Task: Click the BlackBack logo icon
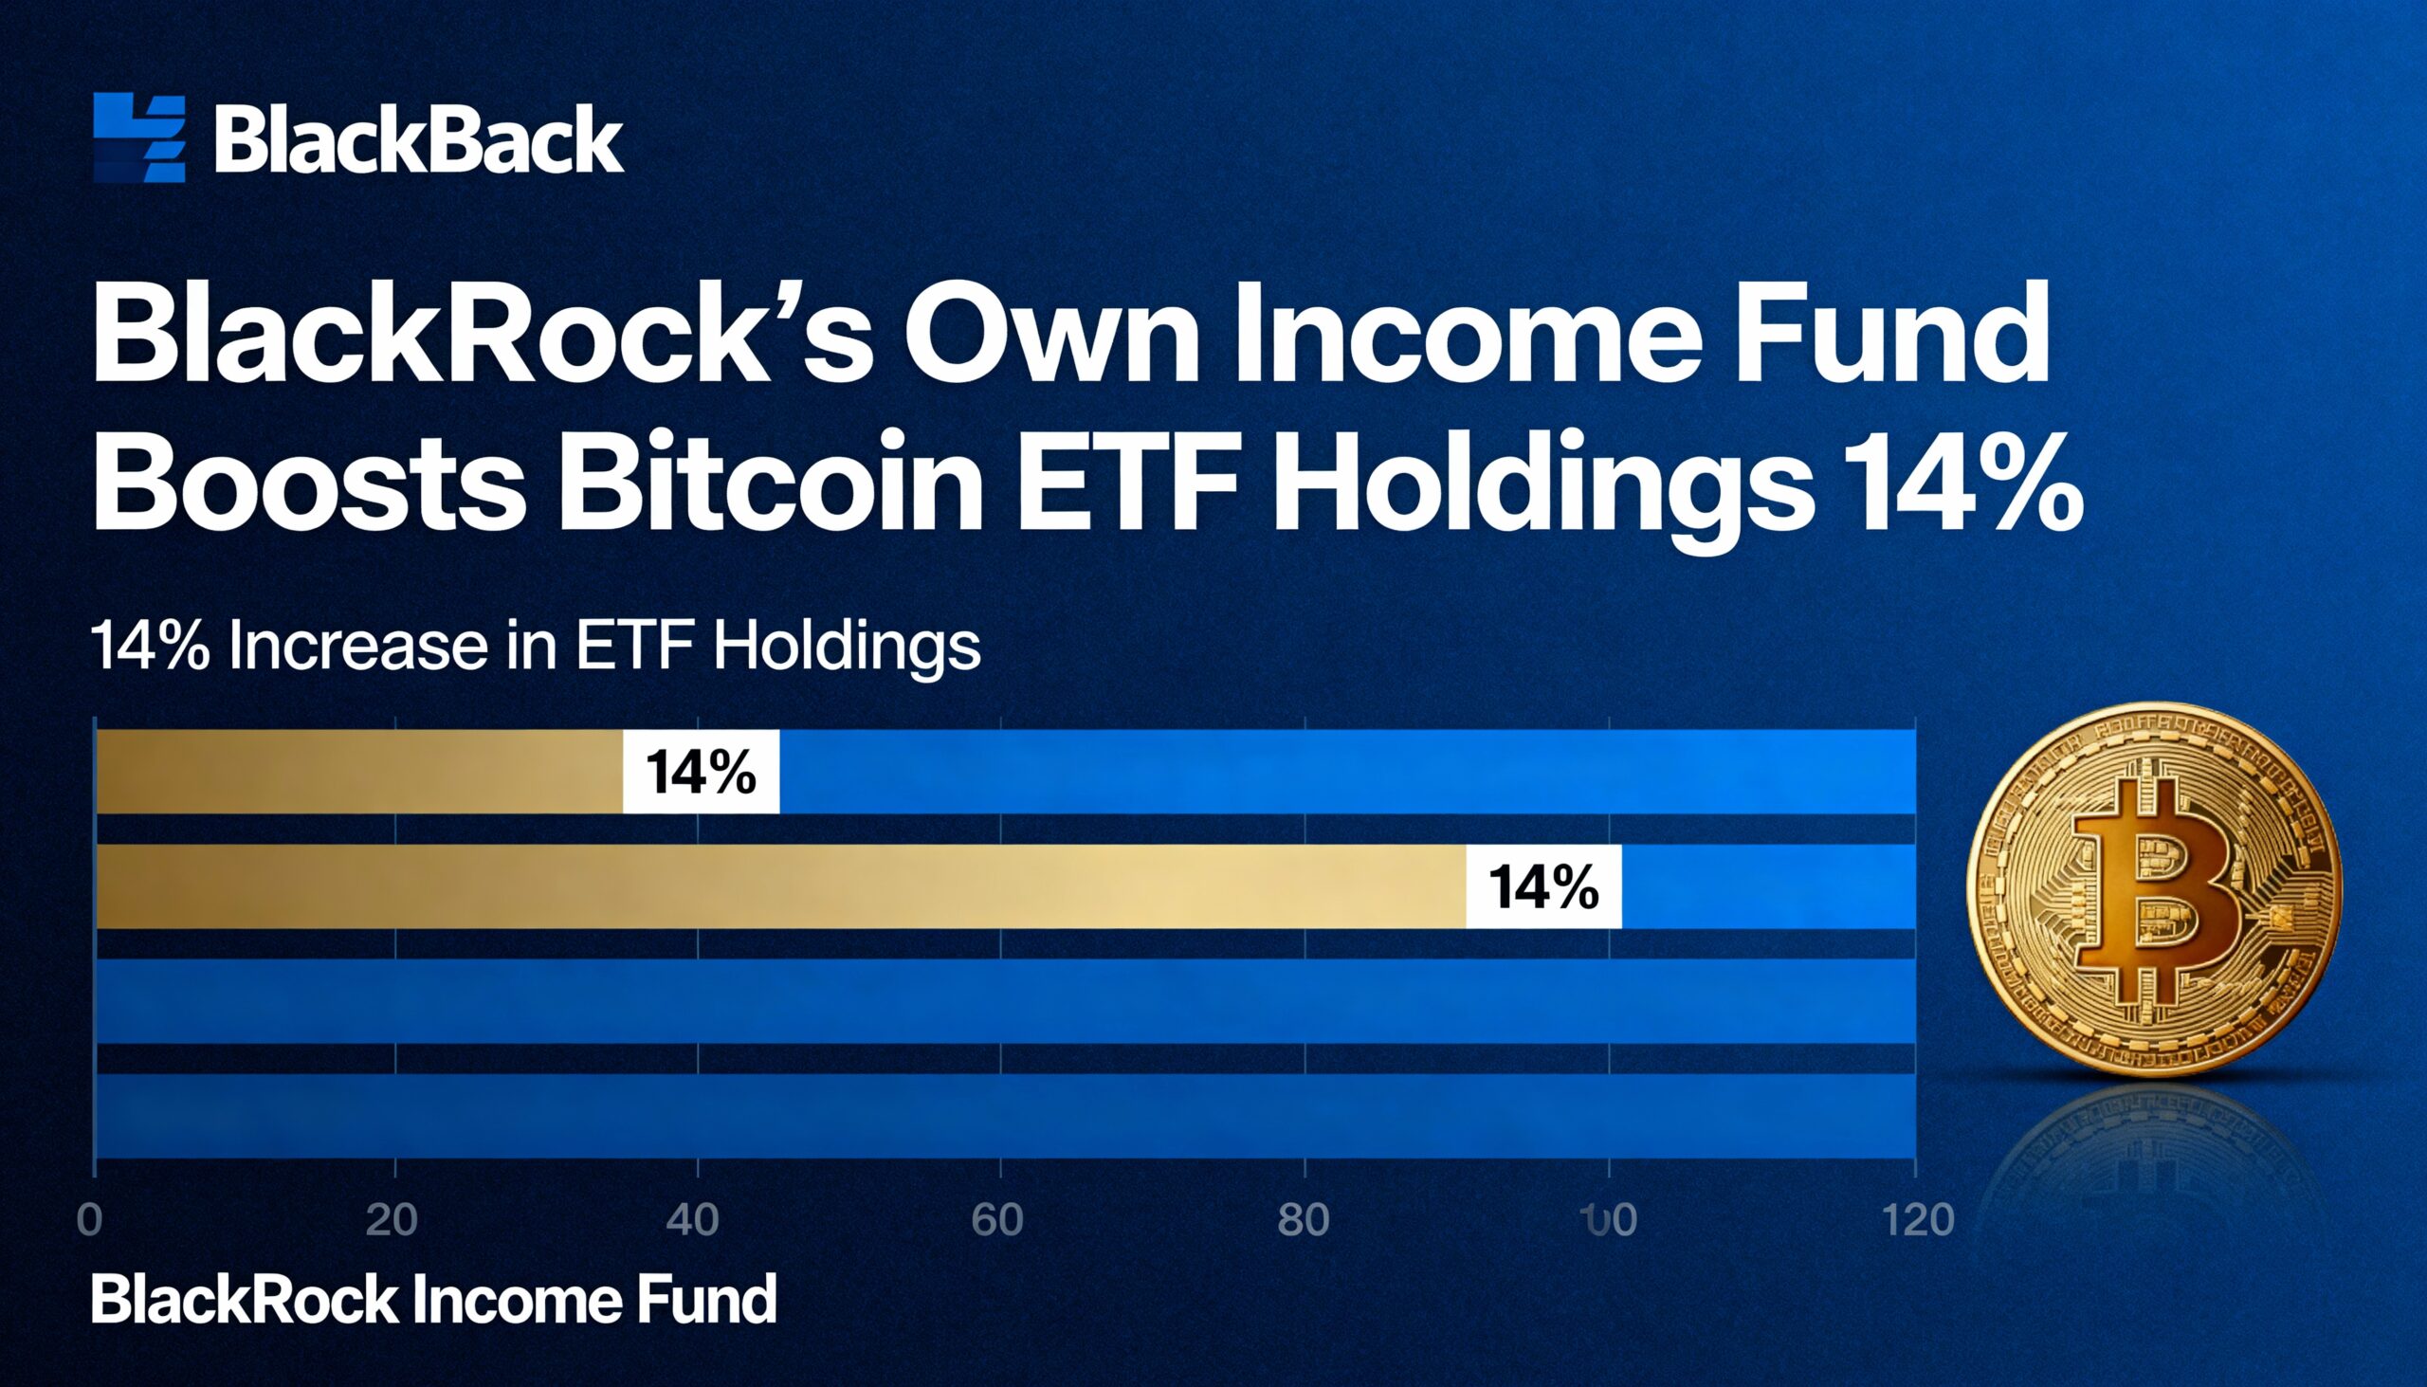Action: tap(139, 137)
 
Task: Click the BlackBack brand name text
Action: tap(419, 140)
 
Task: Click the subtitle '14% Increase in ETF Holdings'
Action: tap(536, 647)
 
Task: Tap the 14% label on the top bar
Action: tap(701, 772)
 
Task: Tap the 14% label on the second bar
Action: tap(1543, 886)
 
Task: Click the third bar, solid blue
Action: tap(1005, 1001)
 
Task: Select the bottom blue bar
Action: tap(1005, 1116)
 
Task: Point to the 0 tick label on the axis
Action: tap(89, 1220)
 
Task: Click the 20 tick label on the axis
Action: tap(392, 1220)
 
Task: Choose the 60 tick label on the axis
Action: tap(997, 1220)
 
